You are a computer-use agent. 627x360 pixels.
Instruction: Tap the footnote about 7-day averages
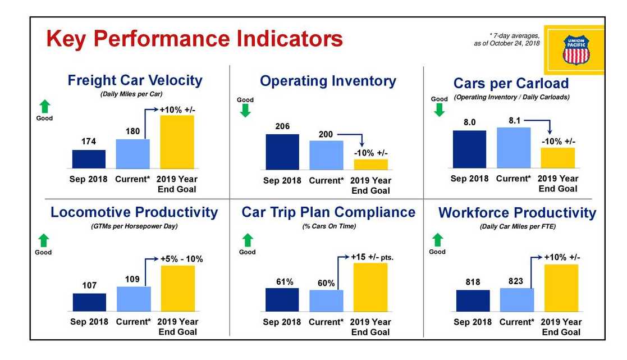pyautogui.click(x=507, y=39)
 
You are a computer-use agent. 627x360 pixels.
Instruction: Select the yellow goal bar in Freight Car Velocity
pyautogui.click(x=177, y=142)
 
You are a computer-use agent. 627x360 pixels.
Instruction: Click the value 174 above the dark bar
pyautogui.click(x=89, y=142)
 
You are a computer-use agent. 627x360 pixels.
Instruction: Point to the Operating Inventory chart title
pyautogui.click(x=328, y=81)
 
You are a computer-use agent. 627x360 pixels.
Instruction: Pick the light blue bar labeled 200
pyautogui.click(x=326, y=155)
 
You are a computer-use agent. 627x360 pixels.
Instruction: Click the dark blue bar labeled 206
pyautogui.click(x=282, y=152)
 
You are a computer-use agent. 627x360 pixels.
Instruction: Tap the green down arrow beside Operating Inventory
pyautogui.click(x=245, y=111)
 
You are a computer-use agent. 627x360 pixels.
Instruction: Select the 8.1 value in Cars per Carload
pyautogui.click(x=514, y=120)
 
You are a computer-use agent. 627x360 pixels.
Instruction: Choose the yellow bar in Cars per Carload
pyautogui.click(x=557, y=158)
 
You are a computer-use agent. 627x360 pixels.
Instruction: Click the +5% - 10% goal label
pyautogui.click(x=181, y=259)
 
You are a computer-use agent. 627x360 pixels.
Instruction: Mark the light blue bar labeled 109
pyautogui.click(x=133, y=298)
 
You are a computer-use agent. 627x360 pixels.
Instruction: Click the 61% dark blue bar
pyautogui.click(x=282, y=299)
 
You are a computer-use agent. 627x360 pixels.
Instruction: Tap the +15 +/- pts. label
pyautogui.click(x=372, y=257)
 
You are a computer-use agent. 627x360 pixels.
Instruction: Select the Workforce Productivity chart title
pyautogui.click(x=517, y=213)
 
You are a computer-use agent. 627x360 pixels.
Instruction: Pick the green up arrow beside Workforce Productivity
pyautogui.click(x=437, y=240)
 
